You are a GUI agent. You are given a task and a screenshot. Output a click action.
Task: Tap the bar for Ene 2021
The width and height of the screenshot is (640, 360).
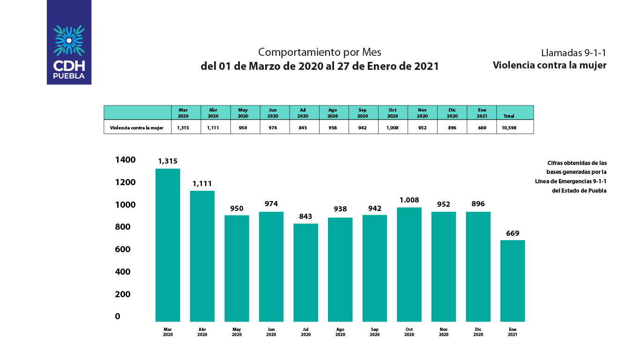[513, 281]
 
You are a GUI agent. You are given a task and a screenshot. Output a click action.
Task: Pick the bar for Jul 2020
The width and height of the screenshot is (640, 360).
[305, 272]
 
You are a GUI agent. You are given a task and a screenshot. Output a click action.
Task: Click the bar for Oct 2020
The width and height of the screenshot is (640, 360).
[409, 264]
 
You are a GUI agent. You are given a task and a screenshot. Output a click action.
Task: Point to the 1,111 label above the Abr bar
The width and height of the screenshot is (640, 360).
[202, 184]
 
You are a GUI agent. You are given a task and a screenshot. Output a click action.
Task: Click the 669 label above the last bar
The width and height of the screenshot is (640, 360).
[513, 233]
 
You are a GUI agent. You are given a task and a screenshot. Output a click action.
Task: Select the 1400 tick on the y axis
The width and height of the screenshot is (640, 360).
[125, 160]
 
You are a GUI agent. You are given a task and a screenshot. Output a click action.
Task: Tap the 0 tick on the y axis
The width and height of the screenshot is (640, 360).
[118, 316]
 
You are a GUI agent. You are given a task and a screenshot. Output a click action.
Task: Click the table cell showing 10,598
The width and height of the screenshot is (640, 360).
[509, 127]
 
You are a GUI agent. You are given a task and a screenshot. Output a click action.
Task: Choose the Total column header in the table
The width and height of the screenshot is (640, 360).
[509, 115]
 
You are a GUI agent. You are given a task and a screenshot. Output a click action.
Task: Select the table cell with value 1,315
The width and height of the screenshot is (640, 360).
[183, 127]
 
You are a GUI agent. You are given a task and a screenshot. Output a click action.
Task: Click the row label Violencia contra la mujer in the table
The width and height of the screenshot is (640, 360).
[137, 127]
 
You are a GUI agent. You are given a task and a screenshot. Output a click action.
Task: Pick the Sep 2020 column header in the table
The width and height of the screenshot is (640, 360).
[363, 112]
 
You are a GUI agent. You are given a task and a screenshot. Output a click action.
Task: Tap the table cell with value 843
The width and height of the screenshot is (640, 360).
[303, 127]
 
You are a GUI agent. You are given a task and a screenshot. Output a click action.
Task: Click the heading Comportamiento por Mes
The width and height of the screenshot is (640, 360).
[320, 52]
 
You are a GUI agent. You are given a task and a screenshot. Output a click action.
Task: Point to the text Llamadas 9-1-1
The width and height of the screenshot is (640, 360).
[573, 52]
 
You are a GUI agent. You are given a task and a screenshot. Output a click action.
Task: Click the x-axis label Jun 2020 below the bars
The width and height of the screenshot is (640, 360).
[271, 332]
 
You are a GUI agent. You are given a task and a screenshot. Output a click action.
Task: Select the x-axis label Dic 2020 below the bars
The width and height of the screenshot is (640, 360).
[478, 332]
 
